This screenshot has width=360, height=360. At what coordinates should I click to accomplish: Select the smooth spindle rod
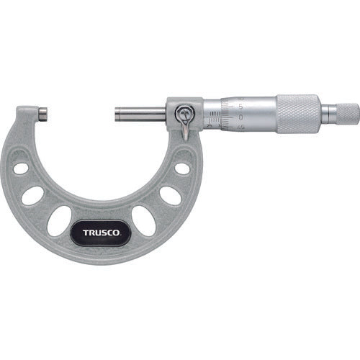(x=141, y=113)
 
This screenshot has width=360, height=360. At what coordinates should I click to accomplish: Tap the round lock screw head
(x=186, y=113)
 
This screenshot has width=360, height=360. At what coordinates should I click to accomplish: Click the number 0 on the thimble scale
(x=240, y=116)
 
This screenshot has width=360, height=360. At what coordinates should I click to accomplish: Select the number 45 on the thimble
(x=240, y=127)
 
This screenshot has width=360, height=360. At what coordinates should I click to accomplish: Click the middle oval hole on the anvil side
(x=33, y=195)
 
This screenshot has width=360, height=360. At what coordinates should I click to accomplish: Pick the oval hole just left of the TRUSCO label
(x=60, y=220)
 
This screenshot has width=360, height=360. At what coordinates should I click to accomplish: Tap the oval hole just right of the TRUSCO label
(x=143, y=221)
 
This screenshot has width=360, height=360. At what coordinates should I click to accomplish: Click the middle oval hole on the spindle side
(x=171, y=195)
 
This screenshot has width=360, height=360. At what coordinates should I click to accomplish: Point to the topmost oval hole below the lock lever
(x=183, y=168)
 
